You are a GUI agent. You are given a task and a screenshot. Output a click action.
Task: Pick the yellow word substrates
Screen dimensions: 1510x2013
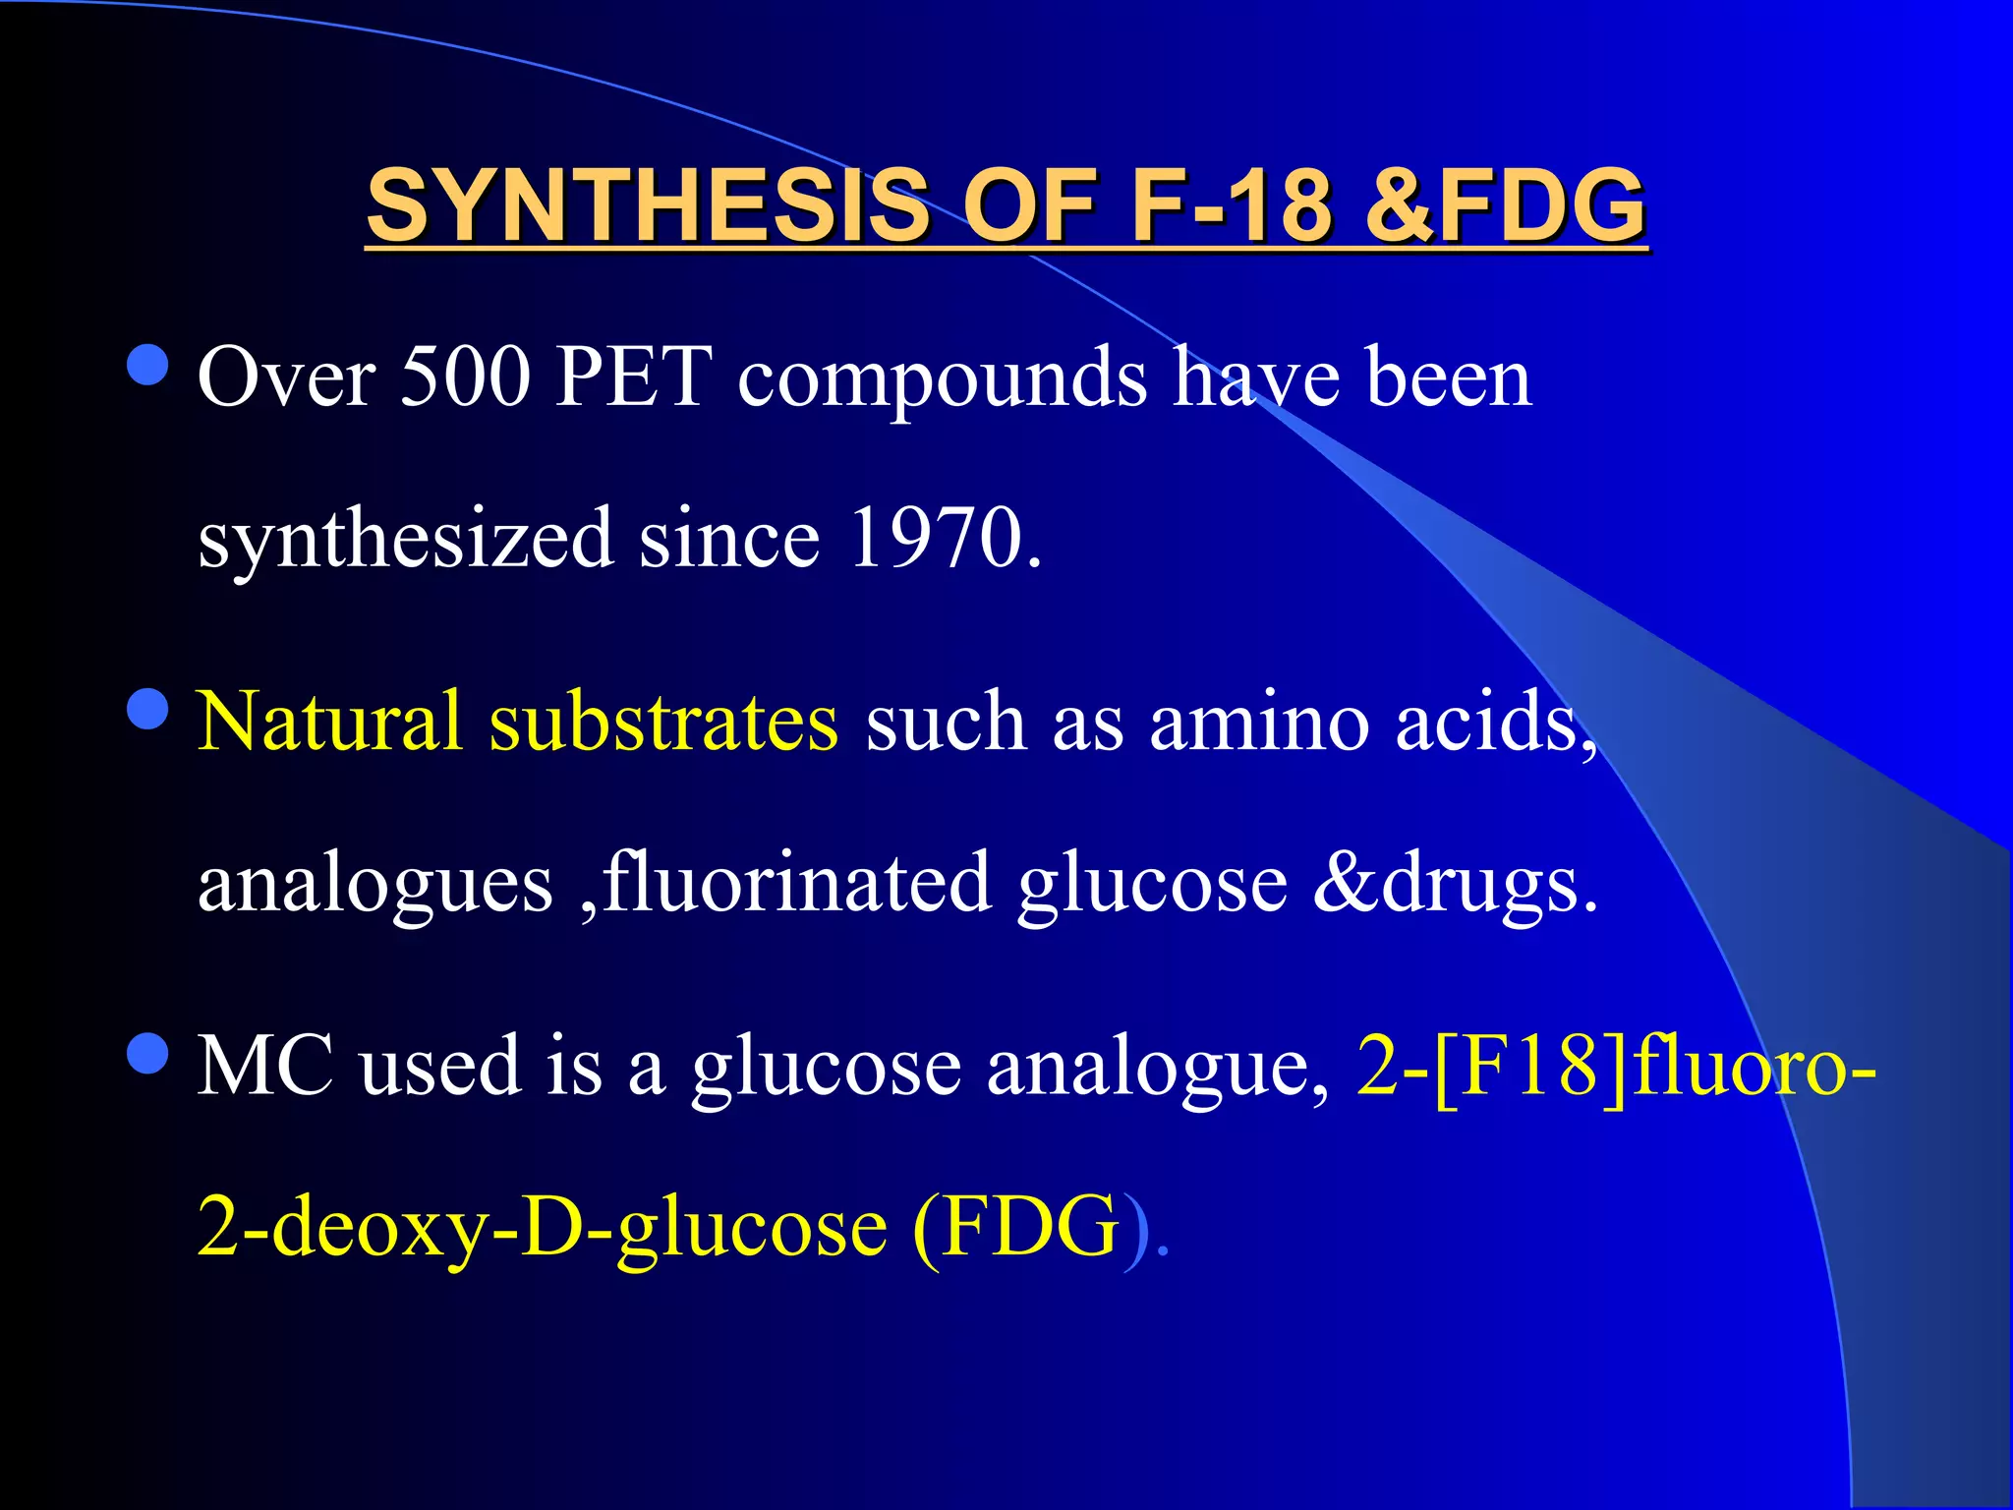663,723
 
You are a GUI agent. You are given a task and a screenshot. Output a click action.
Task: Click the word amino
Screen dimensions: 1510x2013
1259,723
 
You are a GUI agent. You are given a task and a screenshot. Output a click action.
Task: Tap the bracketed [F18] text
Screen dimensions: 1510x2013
1530,1066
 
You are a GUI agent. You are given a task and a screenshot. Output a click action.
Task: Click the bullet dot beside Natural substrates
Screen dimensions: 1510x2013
148,709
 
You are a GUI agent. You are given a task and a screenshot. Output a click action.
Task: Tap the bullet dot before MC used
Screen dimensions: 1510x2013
148,1053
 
